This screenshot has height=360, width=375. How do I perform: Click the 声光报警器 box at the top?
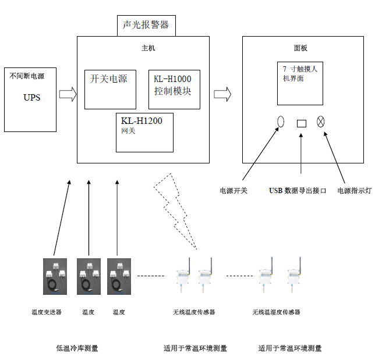146,25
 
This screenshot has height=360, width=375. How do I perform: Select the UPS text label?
32,97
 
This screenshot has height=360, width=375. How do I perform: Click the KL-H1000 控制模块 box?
174,88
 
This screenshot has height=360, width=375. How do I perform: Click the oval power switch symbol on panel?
280,122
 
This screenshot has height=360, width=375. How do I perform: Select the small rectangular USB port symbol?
301,123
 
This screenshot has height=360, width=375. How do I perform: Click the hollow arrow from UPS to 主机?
68,94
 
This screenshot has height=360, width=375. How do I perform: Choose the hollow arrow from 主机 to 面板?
222,94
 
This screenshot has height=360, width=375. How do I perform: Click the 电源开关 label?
234,190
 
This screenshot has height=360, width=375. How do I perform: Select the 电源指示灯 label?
354,190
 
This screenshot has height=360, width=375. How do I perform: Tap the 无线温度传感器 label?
194,312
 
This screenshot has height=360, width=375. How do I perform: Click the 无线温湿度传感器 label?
276,312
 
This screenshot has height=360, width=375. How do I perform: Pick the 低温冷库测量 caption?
77,348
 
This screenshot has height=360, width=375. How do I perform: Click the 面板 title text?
300,48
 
